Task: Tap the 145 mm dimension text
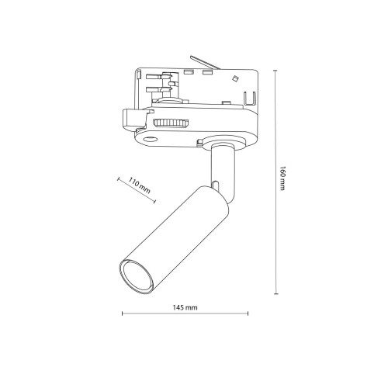click(185, 308)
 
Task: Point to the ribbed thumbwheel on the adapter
click(168, 123)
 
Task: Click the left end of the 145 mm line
click(123, 316)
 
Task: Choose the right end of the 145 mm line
click(248, 316)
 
